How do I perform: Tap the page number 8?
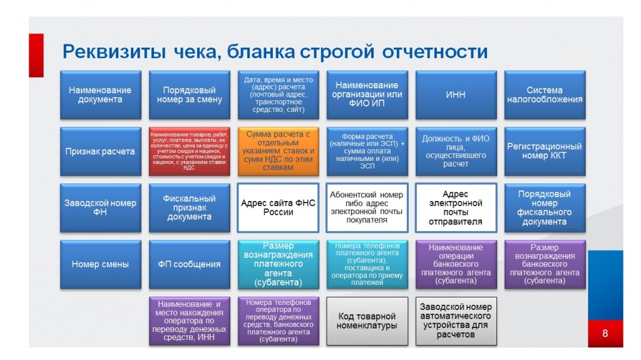pyautogui.click(x=605, y=332)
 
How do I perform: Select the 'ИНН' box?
pyautogui.click(x=456, y=95)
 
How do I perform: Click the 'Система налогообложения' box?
pyautogui.click(x=545, y=95)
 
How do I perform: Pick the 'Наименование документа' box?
pyautogui.click(x=100, y=95)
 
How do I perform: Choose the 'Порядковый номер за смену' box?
pyautogui.click(x=189, y=95)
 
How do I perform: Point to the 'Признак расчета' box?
pyautogui.click(x=100, y=151)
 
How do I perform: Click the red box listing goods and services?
pyautogui.click(x=189, y=151)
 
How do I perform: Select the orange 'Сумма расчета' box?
pyautogui.click(x=278, y=151)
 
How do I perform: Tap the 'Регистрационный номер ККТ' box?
pyautogui.click(x=545, y=151)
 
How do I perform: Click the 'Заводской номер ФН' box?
pyautogui.click(x=100, y=207)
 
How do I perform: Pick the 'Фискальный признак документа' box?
pyautogui.click(x=189, y=207)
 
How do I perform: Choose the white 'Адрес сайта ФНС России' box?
pyautogui.click(x=278, y=207)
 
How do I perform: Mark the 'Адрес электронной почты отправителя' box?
pyautogui.click(x=456, y=207)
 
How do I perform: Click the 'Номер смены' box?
pyautogui.click(x=100, y=264)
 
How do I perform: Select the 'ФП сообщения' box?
pyautogui.click(x=189, y=264)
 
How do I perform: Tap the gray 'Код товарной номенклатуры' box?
pyautogui.click(x=367, y=321)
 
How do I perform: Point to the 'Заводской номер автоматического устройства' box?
pyautogui.click(x=456, y=321)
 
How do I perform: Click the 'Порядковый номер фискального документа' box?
pyautogui.click(x=545, y=207)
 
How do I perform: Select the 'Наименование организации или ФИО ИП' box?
pyautogui.click(x=367, y=95)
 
